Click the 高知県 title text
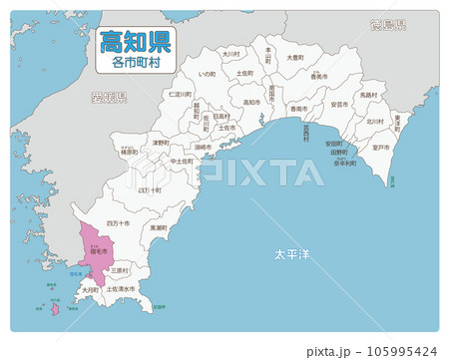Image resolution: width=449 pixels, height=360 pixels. pyautogui.click(x=135, y=42)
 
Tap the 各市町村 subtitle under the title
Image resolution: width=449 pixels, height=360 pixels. pyautogui.click(x=135, y=62)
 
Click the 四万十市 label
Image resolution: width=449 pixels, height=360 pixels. pyautogui.click(x=118, y=223)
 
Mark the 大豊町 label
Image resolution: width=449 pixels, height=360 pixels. pyautogui.click(x=295, y=58)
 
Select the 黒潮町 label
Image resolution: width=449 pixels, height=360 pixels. pyautogui.click(x=158, y=226)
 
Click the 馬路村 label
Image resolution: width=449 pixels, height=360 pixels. pyautogui.click(x=368, y=95)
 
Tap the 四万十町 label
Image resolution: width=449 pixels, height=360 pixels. pyautogui.click(x=149, y=188)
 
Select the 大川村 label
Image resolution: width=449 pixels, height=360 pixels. pyautogui.click(x=230, y=54)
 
